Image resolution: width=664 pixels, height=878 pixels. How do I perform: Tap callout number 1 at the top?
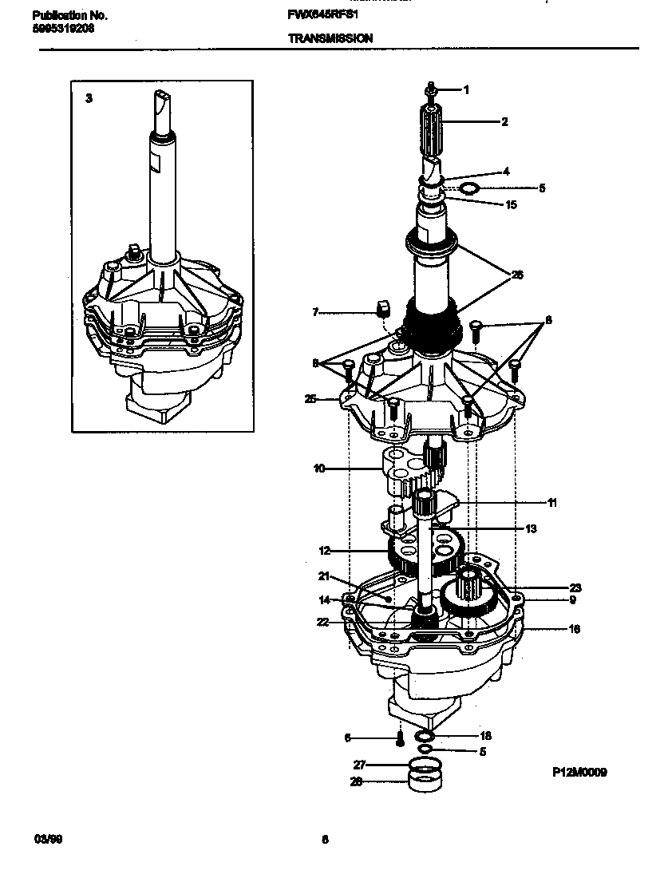coord(466,90)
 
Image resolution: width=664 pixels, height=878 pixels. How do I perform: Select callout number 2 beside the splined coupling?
coord(504,122)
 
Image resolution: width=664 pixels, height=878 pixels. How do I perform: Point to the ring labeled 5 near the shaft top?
coord(472,188)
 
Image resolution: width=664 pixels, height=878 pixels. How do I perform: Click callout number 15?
coord(512,204)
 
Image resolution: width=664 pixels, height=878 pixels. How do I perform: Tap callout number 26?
coord(517,275)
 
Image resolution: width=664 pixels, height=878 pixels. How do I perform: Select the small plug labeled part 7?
coord(383,307)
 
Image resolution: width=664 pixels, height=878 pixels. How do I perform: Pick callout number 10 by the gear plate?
coord(319,469)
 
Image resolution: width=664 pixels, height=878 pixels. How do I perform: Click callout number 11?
coord(552,503)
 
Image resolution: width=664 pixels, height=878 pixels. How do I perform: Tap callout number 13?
coord(532,528)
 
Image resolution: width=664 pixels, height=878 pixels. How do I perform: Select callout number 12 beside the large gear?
coord(324,551)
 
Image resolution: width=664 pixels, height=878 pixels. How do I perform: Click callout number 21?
coord(324,576)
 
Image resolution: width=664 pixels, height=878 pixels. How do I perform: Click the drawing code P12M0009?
coord(579,773)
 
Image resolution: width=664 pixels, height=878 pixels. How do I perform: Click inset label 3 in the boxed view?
coord(89,98)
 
